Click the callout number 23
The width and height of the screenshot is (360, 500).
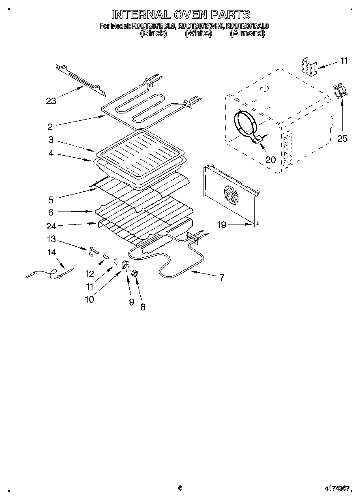51,101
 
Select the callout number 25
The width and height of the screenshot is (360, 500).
343,139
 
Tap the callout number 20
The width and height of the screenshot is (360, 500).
270,159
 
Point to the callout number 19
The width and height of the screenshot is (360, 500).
222,225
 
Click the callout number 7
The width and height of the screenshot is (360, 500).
222,278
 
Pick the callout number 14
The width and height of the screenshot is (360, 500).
51,252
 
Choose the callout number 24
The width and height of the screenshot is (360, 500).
51,226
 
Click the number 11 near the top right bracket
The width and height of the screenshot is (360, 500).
344,61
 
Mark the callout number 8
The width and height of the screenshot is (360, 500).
143,307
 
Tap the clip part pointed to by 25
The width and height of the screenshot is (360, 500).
339,91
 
